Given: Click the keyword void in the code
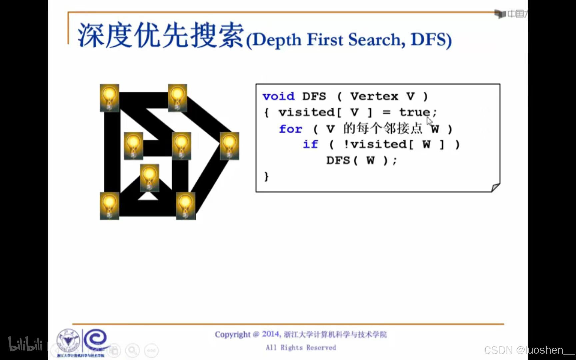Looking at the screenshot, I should (278, 96).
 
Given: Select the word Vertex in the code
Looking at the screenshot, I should (374, 96).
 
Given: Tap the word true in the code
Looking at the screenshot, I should (414, 112).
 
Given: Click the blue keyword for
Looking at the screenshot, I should (290, 129).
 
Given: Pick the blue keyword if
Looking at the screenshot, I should (310, 144).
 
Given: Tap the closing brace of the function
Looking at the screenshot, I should (266, 176).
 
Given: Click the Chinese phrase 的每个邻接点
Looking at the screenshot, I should (383, 128).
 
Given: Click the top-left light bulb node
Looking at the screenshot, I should (110, 98).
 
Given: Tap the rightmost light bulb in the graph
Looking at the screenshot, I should (229, 146).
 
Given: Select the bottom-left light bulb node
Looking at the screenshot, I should (110, 205).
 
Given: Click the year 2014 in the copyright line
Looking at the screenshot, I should (270, 334).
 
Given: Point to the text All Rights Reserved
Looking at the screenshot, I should (301, 348).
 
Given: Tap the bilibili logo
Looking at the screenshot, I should (25, 344).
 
